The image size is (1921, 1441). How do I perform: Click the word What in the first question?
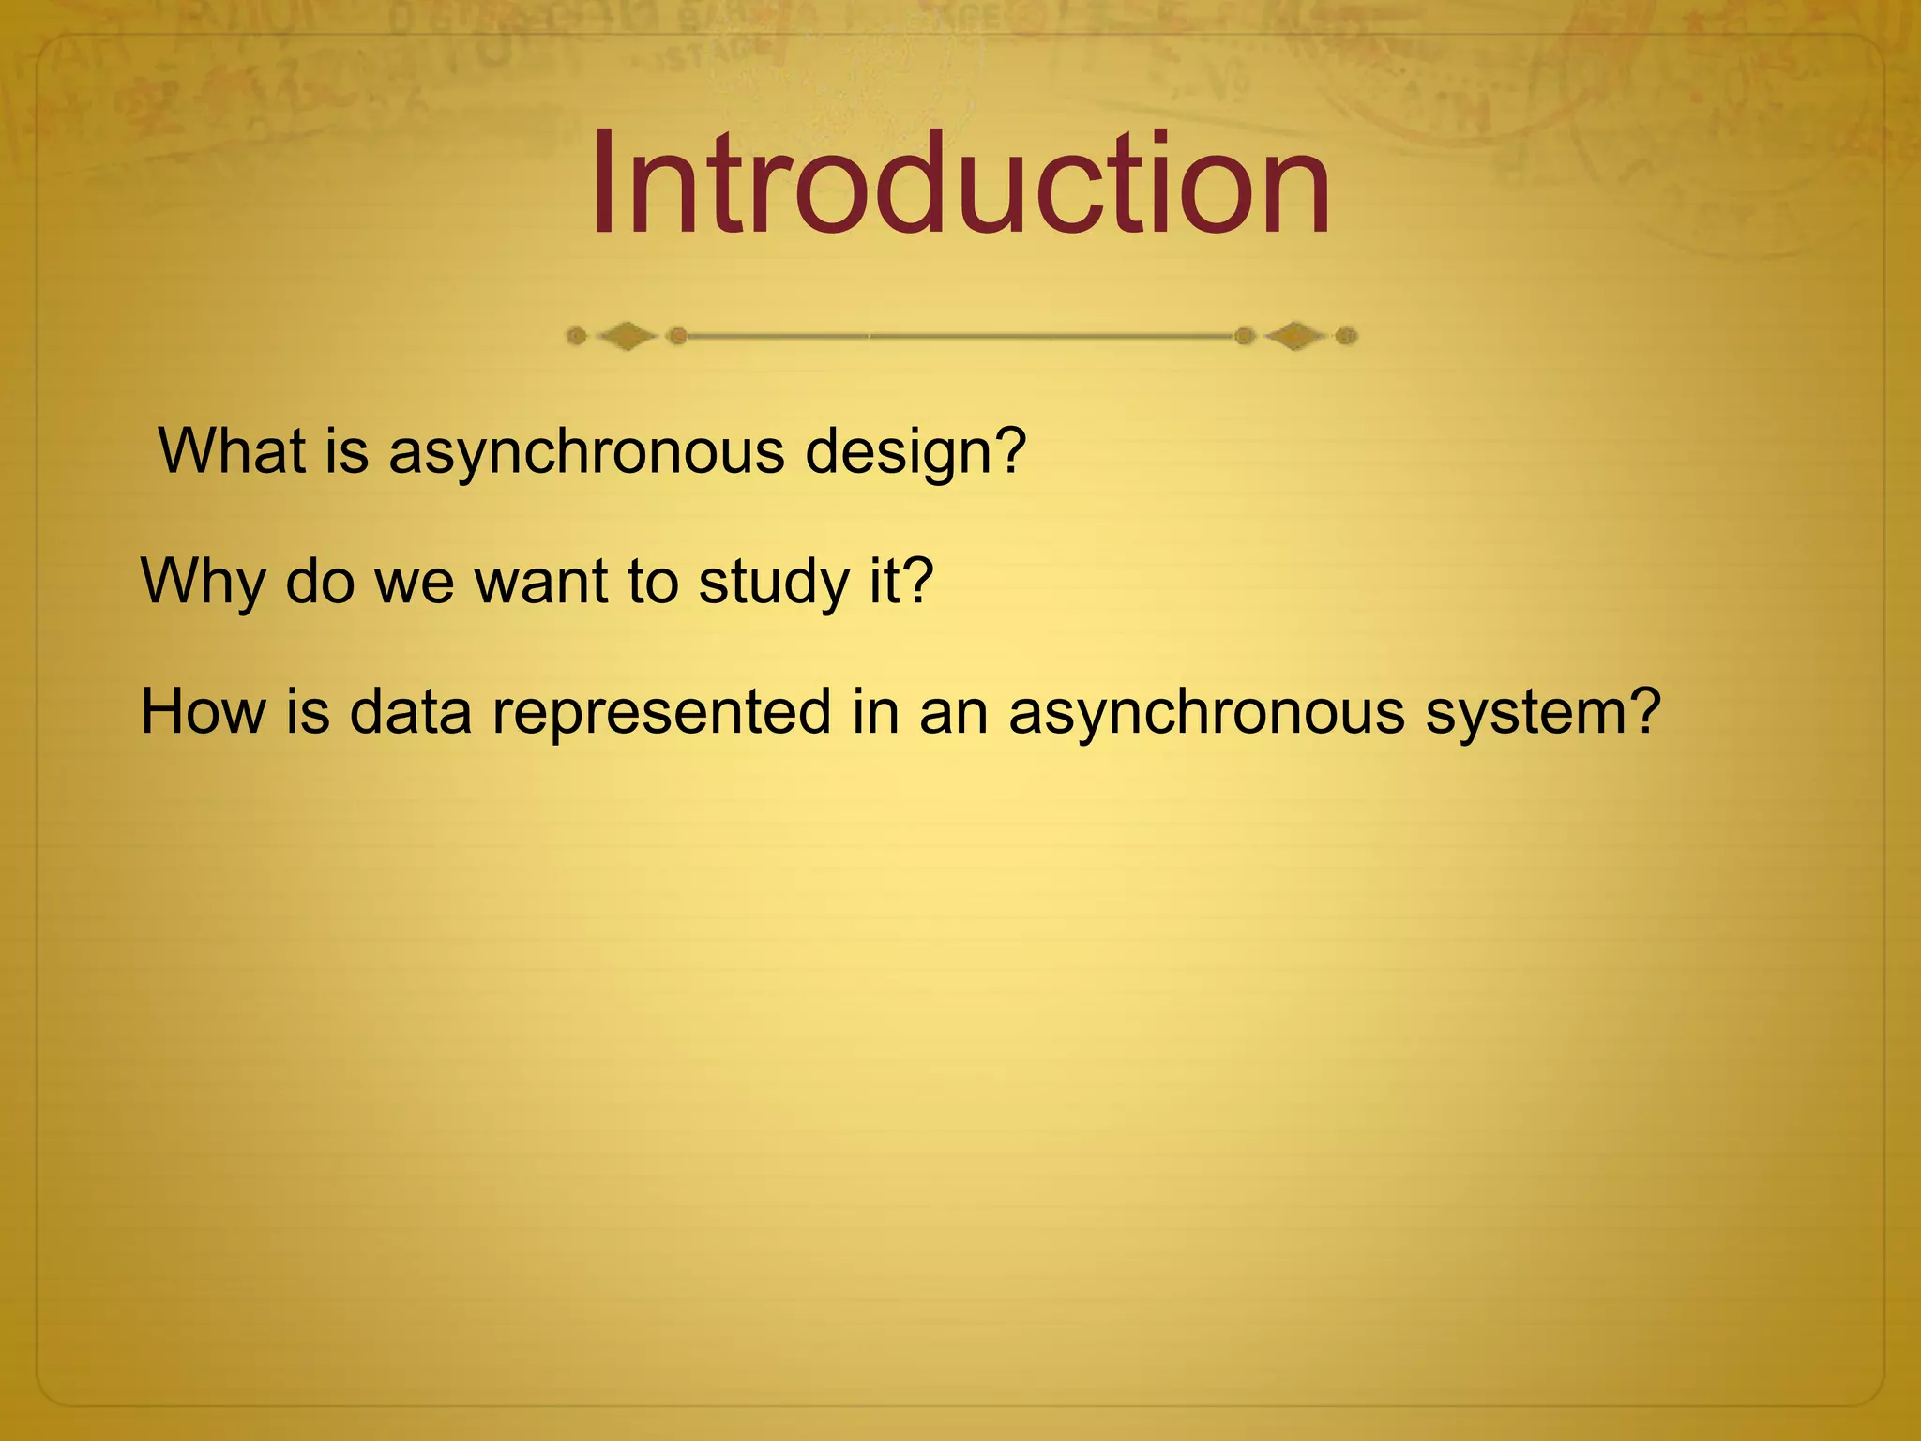point(232,451)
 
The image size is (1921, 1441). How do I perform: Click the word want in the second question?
point(541,582)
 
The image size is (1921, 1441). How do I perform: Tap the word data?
point(410,711)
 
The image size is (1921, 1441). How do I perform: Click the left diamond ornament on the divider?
point(627,336)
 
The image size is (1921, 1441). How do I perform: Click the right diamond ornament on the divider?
point(1295,336)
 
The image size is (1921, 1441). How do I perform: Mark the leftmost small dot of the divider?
point(577,336)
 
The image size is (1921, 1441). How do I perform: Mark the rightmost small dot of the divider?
point(1346,336)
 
